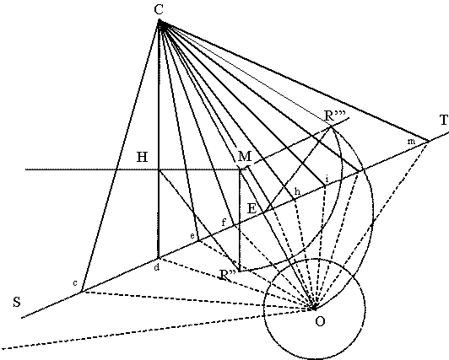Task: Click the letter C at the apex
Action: (159, 9)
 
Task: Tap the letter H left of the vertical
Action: (143, 157)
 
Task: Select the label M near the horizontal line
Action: (245, 157)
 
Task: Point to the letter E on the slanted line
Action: (252, 208)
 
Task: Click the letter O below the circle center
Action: (320, 322)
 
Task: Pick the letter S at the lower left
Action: (17, 302)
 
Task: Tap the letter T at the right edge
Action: (444, 120)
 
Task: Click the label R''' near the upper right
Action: (335, 116)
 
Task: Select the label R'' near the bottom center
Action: (228, 275)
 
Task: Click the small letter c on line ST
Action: (75, 283)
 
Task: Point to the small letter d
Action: (157, 267)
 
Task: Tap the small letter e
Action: (192, 236)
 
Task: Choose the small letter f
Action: (224, 223)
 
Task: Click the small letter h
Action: (298, 191)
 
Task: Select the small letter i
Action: (327, 180)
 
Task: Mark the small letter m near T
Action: (411, 142)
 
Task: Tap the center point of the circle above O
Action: (315, 308)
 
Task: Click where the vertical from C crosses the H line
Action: (159, 169)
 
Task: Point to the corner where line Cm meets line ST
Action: (429, 141)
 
